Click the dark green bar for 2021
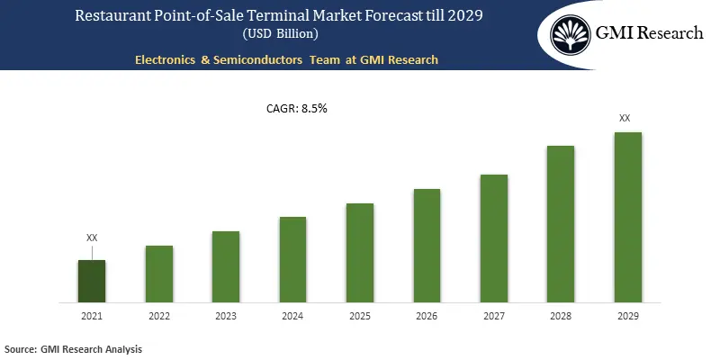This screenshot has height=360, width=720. [92, 281]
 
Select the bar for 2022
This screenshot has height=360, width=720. [159, 274]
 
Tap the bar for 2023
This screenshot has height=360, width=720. [226, 266]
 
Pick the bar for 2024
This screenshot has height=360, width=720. [292, 259]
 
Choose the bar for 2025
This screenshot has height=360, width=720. [360, 253]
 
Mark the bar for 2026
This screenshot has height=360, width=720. [427, 246]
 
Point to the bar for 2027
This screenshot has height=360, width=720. [494, 238]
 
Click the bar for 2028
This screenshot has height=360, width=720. [561, 224]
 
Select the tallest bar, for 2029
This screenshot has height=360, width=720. [627, 217]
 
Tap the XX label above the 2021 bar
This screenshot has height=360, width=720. [92, 238]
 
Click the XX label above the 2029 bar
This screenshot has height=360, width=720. [625, 118]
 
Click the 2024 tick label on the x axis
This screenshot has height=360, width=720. [292, 316]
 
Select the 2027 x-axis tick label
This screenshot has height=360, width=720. [494, 316]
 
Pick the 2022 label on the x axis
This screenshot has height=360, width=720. [159, 316]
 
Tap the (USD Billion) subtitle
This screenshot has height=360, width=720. [281, 34]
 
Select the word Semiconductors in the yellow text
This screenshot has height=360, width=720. [254, 60]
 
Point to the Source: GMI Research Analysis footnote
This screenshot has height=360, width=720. [74, 348]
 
